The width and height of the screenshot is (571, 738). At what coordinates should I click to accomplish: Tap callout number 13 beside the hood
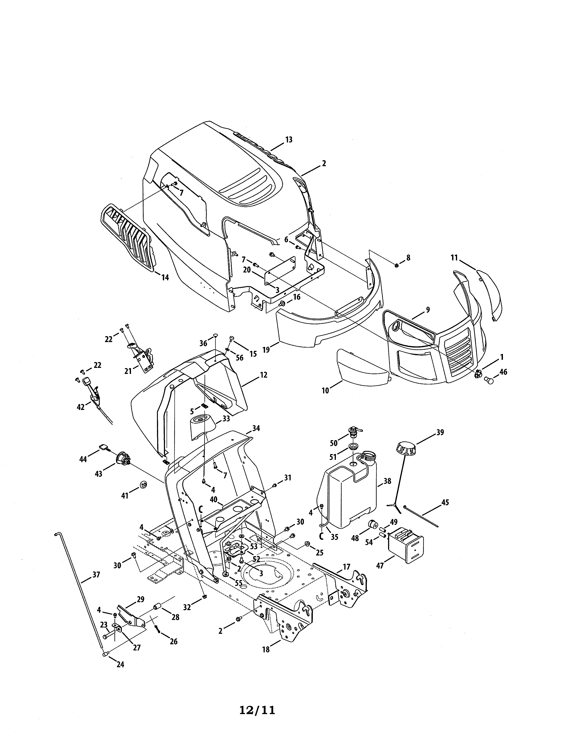click(x=289, y=140)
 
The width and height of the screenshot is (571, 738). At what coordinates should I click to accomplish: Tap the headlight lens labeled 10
click(x=362, y=367)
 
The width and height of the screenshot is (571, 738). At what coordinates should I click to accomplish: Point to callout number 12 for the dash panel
click(x=264, y=375)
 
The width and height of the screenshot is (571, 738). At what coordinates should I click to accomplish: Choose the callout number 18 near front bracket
click(x=266, y=649)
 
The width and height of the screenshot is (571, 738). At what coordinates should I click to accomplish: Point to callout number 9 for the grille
click(x=428, y=310)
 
